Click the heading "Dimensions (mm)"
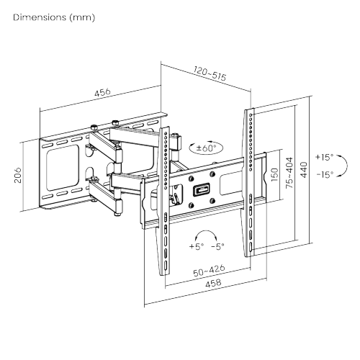coord(54,16)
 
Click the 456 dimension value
coord(102,91)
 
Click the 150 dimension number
coord(274,175)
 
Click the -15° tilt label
coord(325,174)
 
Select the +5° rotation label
coord(196,246)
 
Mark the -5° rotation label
coord(217,246)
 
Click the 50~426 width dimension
coord(206,271)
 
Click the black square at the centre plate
coord(199,191)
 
